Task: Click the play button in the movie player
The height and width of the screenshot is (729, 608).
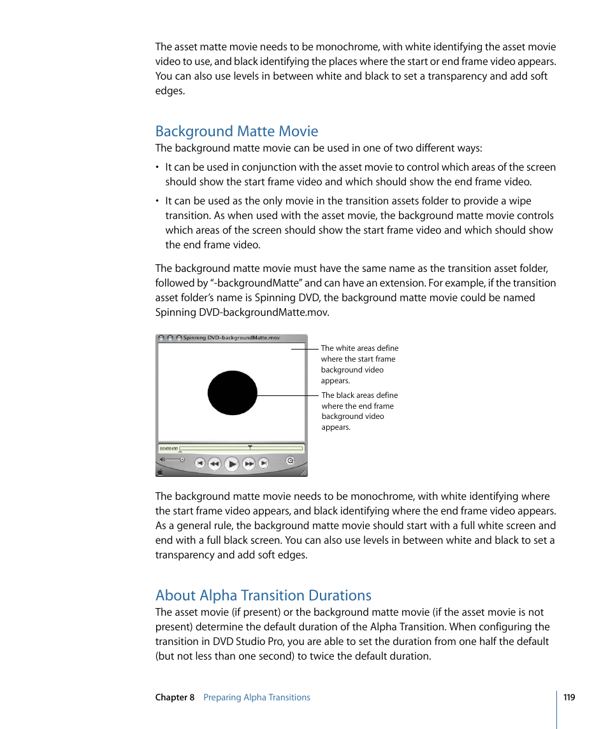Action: pyautogui.click(x=232, y=464)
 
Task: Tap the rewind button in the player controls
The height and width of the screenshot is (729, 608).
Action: pyautogui.click(x=215, y=464)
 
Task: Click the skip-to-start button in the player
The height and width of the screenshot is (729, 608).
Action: pyautogui.click(x=199, y=464)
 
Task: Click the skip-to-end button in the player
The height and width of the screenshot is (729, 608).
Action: pyautogui.click(x=263, y=464)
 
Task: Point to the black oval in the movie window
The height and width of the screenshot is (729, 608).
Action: pyautogui.click(x=233, y=393)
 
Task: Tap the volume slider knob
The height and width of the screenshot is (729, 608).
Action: pyautogui.click(x=182, y=459)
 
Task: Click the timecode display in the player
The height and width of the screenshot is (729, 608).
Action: pyautogui.click(x=168, y=448)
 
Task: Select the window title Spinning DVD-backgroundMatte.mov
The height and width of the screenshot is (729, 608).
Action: pyautogui.click(x=231, y=338)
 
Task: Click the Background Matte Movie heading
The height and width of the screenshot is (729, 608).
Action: pyautogui.click(x=236, y=131)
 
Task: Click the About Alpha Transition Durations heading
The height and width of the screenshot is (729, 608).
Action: pyautogui.click(x=263, y=595)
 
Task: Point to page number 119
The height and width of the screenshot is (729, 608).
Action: pyautogui.click(x=569, y=697)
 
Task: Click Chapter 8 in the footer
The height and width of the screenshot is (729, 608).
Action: pyautogui.click(x=175, y=697)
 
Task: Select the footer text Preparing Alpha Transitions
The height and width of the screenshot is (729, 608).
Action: pyautogui.click(x=257, y=697)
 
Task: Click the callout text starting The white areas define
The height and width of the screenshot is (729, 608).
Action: pyautogui.click(x=359, y=364)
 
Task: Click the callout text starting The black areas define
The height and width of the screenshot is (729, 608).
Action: pyautogui.click(x=359, y=411)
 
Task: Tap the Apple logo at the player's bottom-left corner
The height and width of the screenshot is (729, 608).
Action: pyautogui.click(x=161, y=472)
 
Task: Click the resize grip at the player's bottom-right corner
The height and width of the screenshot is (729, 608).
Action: pyautogui.click(x=304, y=472)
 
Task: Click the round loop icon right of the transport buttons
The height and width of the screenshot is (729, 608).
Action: pyautogui.click(x=291, y=460)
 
